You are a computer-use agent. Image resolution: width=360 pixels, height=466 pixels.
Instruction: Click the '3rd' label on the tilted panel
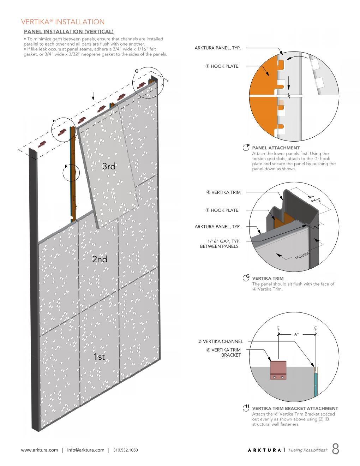click(x=109, y=166)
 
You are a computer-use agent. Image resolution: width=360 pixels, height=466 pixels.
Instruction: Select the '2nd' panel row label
click(x=100, y=259)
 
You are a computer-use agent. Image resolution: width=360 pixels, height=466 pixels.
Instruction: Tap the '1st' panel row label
click(x=99, y=357)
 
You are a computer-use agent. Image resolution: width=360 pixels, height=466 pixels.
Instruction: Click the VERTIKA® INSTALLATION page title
click(x=63, y=22)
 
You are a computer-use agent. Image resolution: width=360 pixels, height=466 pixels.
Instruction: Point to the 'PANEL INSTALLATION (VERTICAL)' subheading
click(x=68, y=32)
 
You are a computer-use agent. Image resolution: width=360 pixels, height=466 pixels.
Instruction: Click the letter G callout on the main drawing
click(x=137, y=71)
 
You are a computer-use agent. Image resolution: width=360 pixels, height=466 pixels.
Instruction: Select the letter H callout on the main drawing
click(x=54, y=121)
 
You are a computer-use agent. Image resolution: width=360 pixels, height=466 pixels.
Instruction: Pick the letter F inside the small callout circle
click(x=66, y=166)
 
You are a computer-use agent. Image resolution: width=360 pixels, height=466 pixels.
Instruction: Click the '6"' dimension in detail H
click(x=296, y=334)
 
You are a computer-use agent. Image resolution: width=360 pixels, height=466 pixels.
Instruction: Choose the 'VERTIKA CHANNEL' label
click(x=220, y=341)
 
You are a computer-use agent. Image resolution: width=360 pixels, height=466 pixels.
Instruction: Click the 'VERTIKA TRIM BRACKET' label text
click(x=223, y=352)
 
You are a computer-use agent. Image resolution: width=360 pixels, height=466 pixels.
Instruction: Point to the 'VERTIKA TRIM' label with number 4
click(x=223, y=192)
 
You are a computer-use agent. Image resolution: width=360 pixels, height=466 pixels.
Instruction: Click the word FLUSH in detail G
click(x=302, y=255)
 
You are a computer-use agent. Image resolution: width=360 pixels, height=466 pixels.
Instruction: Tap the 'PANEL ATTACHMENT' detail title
click(x=276, y=148)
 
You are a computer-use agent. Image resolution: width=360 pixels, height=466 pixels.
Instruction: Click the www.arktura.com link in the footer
click(x=40, y=450)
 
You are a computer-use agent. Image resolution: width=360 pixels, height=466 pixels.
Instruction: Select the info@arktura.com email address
click(x=86, y=450)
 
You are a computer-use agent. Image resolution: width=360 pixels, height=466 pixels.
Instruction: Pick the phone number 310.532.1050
click(x=126, y=450)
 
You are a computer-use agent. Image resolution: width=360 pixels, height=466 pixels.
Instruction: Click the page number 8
click(x=335, y=449)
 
